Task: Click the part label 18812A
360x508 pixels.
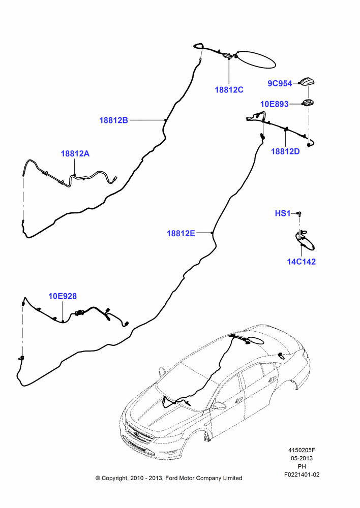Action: [75, 153]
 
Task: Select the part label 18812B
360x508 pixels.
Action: [113, 120]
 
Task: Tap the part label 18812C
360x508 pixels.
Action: [229, 90]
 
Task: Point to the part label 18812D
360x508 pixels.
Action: [285, 151]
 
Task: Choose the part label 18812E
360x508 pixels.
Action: [181, 233]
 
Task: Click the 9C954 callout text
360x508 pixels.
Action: [280, 84]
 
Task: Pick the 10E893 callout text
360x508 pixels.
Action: [275, 104]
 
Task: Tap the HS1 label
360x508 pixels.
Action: [283, 213]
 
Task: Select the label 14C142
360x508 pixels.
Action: [302, 262]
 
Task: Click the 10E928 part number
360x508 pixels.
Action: [63, 296]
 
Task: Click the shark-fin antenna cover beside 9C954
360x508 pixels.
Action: [307, 83]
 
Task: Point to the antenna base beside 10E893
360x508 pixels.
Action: [308, 103]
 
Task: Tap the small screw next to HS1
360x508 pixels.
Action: [299, 213]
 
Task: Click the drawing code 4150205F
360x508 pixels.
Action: [302, 450]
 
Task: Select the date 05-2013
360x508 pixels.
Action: [302, 458]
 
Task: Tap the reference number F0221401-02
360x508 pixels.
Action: [302, 474]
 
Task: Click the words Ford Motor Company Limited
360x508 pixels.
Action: [204, 478]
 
